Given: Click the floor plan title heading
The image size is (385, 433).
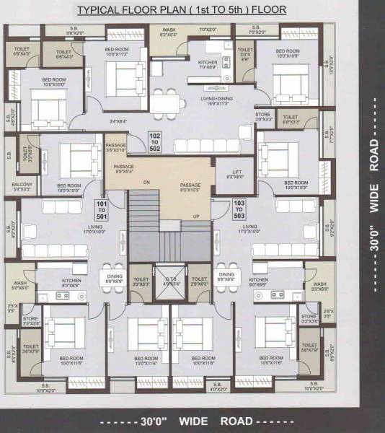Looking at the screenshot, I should [x=191, y=11].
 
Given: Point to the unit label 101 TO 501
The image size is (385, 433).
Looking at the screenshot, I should [x=102, y=211].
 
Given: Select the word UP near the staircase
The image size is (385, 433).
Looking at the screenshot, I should [x=195, y=216].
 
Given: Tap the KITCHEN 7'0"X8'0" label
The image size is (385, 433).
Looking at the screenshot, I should [x=208, y=64].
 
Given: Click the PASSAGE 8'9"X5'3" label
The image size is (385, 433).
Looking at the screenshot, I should [x=124, y=170].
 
